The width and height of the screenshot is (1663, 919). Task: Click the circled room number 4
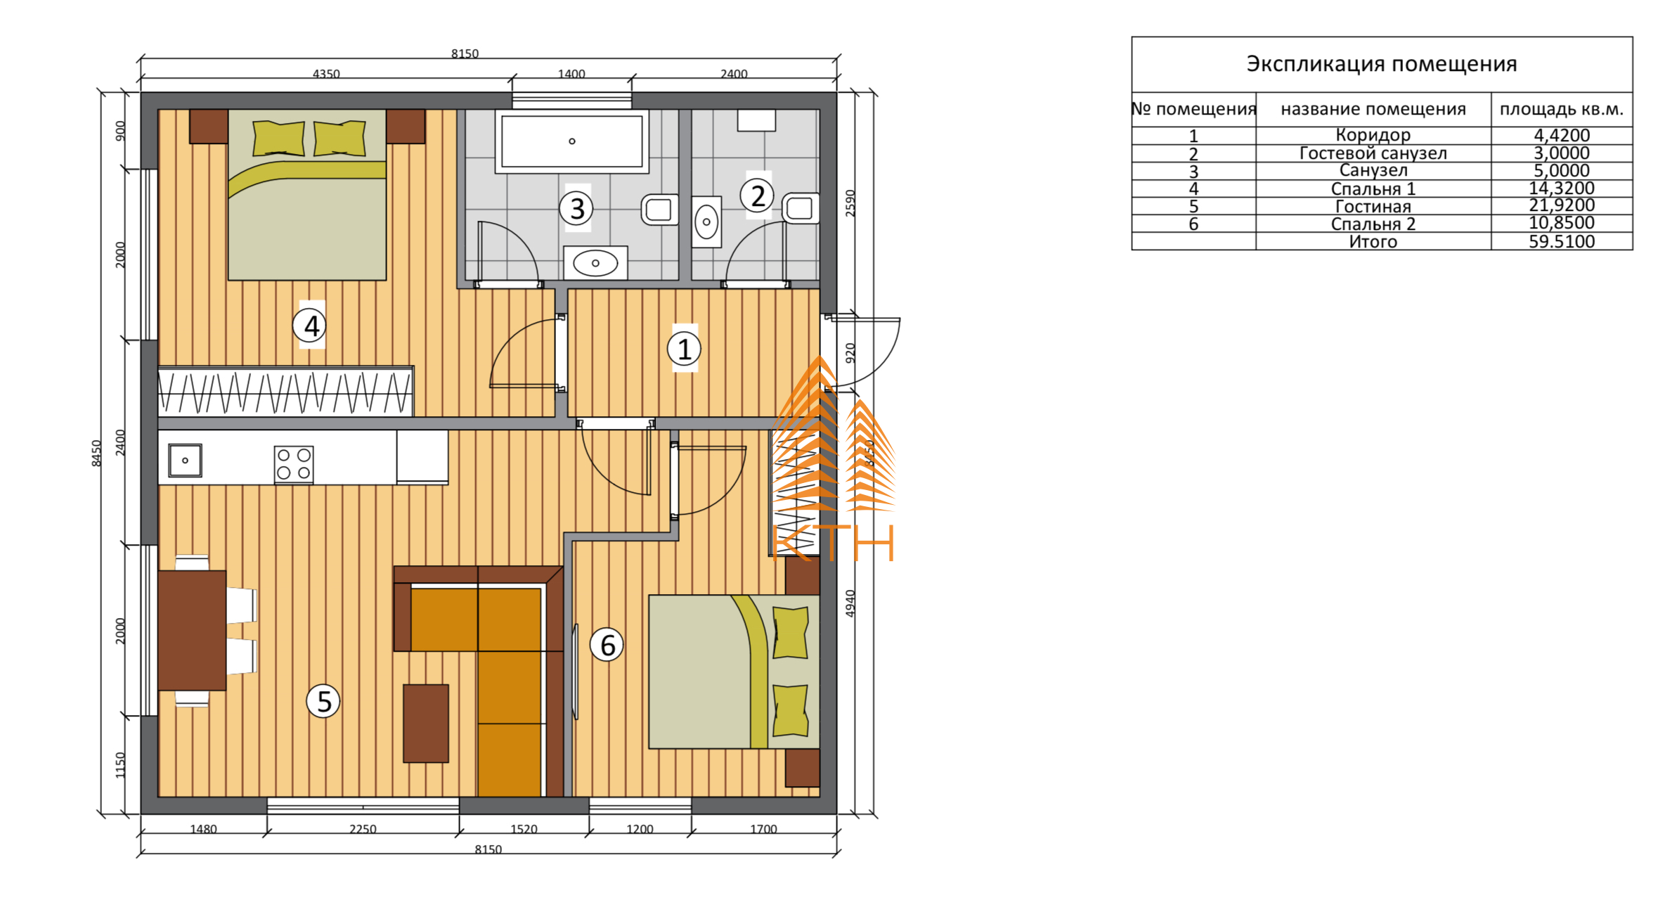point(310,326)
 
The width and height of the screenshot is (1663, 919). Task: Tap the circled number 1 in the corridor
point(684,349)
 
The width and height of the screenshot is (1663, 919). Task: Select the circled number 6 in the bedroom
point(607,645)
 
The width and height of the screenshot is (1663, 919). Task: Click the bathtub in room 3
point(572,141)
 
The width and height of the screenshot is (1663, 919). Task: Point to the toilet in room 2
point(801,208)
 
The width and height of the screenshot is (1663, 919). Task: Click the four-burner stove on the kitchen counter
point(294,464)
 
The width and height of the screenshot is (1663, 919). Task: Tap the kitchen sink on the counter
point(186,461)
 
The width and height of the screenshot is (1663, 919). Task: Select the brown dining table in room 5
point(192,630)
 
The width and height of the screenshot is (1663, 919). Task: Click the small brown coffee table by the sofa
point(426,724)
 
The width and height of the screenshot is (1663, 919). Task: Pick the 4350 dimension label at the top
point(326,74)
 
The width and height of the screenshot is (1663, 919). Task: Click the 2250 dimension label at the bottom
point(363,829)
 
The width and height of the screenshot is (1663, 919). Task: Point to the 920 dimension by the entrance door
point(850,353)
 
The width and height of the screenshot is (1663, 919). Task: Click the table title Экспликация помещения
point(1382,64)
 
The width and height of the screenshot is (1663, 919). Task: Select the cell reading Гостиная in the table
point(1373,207)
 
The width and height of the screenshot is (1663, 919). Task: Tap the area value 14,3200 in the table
point(1562,188)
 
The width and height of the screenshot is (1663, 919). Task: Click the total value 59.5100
point(1562,242)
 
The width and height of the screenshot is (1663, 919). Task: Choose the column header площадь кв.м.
point(1562,110)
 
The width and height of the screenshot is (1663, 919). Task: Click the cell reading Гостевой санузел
point(1373,153)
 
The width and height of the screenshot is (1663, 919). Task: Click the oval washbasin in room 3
point(595,263)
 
